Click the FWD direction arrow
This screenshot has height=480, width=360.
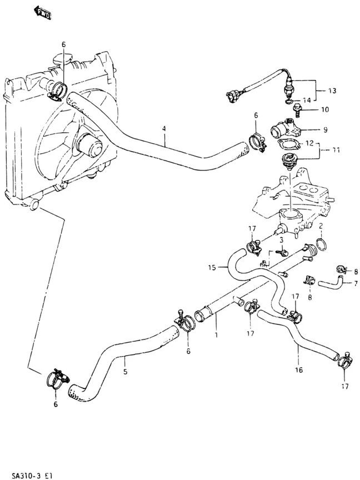click(42, 12)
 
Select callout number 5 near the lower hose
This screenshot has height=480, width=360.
click(125, 372)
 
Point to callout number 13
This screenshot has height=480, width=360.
click(332, 90)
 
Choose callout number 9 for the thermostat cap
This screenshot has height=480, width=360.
click(325, 129)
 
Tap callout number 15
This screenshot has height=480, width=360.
click(212, 268)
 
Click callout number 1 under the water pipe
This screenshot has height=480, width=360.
click(217, 335)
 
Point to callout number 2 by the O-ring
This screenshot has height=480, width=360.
click(321, 226)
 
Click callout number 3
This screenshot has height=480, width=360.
click(282, 239)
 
